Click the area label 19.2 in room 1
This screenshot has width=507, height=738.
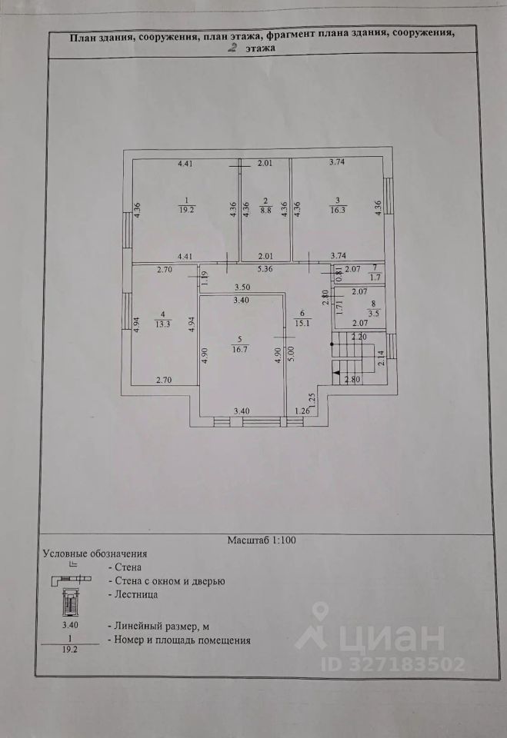pos(185,209)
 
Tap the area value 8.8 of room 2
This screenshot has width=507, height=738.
pos(265,209)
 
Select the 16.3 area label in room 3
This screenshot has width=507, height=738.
pos(338,209)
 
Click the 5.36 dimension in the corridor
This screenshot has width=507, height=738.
pos(264,269)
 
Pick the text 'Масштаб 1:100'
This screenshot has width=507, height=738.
pos(262,540)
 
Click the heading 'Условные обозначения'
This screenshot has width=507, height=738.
pos(95,553)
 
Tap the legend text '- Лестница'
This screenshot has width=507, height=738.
pos(135,595)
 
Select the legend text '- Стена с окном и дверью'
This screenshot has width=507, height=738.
pos(168,581)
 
